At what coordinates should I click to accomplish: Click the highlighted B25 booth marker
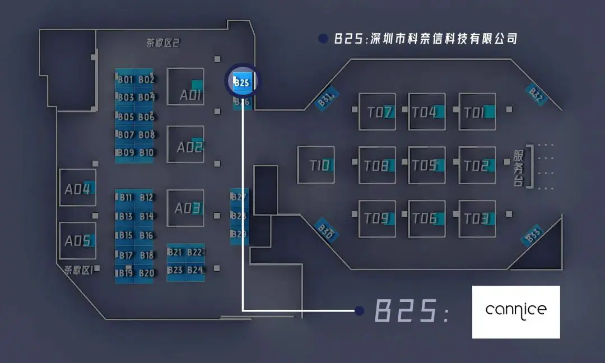242,82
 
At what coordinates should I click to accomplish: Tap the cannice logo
515,311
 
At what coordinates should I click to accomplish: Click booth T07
377,112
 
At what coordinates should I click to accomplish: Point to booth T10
316,165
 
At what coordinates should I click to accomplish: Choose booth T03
477,218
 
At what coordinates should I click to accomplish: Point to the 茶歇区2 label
162,43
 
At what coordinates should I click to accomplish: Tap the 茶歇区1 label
78,270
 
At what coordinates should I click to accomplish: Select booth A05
77,241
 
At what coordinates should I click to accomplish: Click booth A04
77,188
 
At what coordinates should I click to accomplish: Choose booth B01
125,80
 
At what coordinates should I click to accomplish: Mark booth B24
195,270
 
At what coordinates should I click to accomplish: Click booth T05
427,166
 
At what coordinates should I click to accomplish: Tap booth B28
239,216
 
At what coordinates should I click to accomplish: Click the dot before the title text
323,39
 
